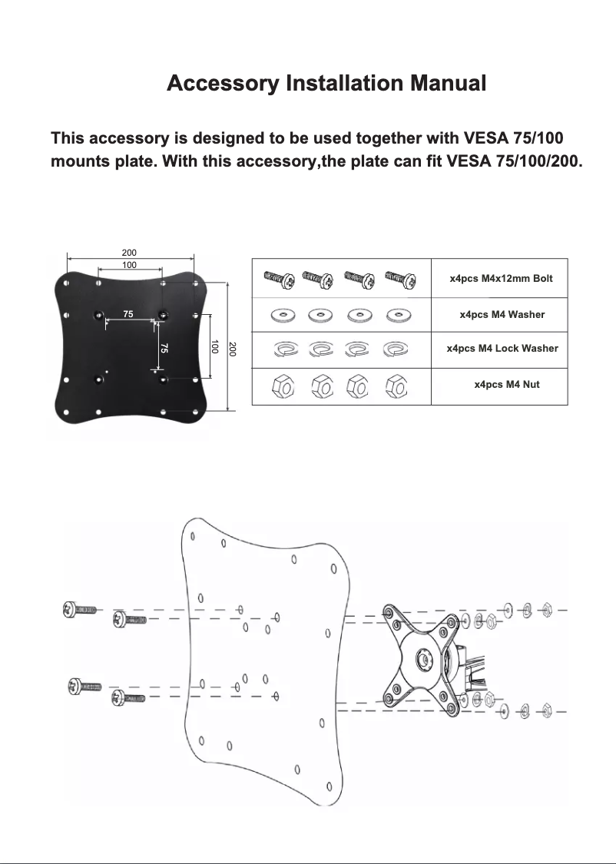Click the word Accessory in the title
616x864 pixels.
tap(222, 83)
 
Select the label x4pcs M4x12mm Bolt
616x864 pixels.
tap(500, 278)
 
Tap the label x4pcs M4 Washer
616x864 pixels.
tap(502, 314)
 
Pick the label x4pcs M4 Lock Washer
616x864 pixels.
tap(502, 348)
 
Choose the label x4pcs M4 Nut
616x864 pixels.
tap(506, 384)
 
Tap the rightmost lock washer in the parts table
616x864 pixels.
tap(396, 349)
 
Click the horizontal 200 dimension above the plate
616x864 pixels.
tap(129, 252)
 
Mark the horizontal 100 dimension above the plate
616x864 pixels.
tap(129, 264)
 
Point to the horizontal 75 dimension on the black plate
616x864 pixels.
tap(129, 314)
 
